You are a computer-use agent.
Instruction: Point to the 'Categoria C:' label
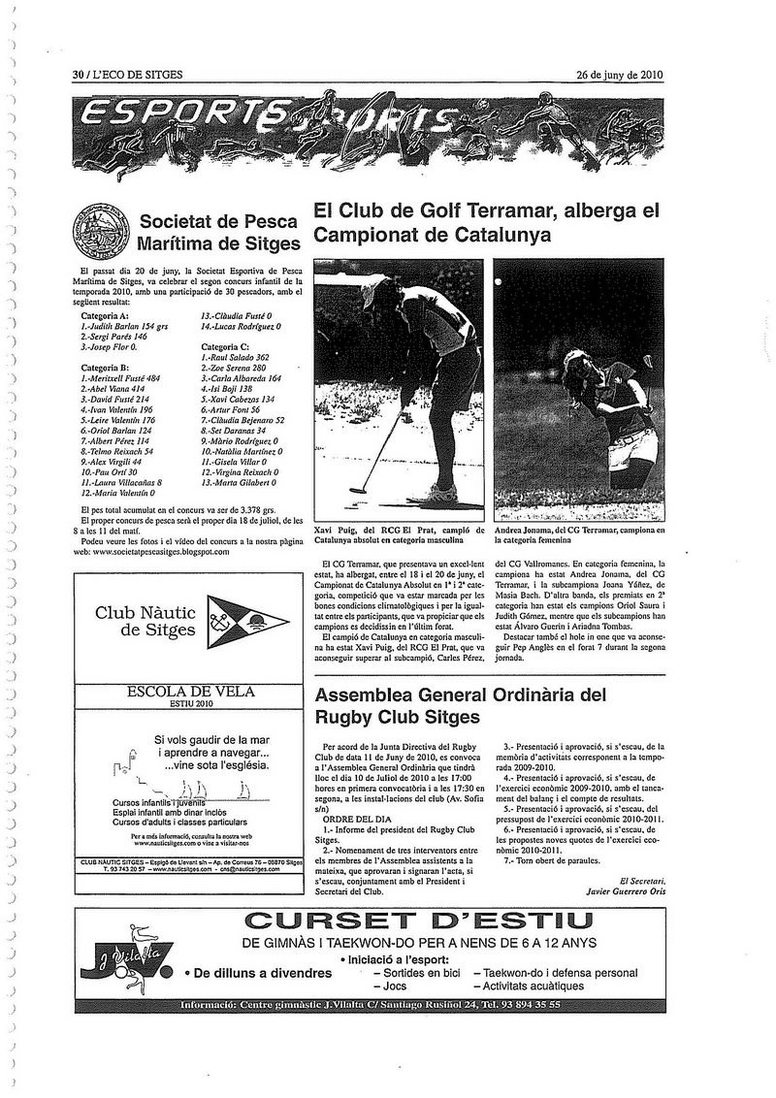(x=225, y=347)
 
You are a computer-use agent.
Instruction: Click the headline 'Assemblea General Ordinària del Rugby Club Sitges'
(x=460, y=706)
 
